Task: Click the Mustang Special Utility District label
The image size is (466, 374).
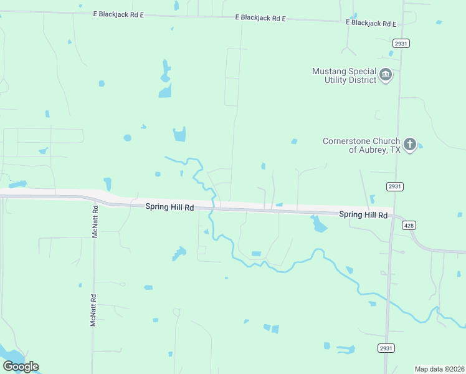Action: click(344, 75)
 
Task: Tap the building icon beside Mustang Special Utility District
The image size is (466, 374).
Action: click(386, 75)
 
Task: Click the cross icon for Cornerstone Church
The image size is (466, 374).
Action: click(409, 145)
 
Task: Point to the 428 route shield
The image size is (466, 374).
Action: click(409, 225)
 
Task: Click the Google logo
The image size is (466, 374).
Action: click(21, 366)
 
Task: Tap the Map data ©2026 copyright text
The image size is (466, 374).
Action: click(439, 369)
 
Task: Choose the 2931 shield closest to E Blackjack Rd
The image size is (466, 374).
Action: click(401, 43)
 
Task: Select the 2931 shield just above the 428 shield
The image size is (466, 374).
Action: click(394, 186)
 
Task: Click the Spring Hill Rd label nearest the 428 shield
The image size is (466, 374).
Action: click(364, 215)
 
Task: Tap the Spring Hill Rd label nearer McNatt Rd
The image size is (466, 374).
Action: click(169, 206)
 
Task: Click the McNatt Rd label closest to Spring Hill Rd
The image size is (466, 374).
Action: click(95, 220)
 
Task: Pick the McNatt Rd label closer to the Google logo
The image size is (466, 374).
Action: click(93, 310)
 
